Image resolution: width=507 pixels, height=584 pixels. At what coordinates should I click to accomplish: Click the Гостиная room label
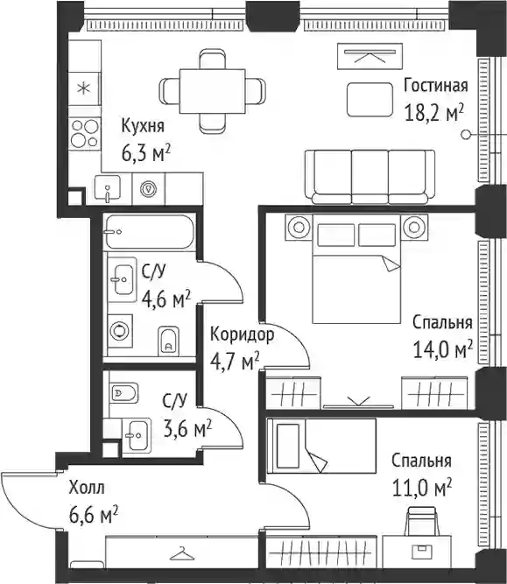click(436, 86)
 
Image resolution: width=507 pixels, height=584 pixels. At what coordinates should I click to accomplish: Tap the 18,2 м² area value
click(434, 112)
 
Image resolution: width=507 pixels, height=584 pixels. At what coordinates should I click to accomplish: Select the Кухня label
click(143, 126)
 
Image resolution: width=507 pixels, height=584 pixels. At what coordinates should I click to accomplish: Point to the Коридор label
click(243, 334)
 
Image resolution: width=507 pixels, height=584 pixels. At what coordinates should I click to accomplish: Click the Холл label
click(87, 488)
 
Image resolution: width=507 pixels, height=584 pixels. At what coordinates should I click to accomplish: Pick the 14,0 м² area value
click(443, 349)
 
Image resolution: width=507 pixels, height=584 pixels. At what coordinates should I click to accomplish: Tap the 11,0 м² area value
click(422, 488)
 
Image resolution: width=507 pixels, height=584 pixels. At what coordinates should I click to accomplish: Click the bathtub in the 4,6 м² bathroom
click(150, 232)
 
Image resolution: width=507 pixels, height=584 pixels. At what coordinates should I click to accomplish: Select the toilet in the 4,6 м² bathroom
click(168, 341)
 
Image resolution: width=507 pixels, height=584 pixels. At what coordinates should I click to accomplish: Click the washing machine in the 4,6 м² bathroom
click(120, 331)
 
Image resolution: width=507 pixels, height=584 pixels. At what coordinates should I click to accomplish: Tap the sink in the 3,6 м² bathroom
click(137, 435)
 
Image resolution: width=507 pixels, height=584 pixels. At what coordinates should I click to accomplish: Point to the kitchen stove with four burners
click(85, 133)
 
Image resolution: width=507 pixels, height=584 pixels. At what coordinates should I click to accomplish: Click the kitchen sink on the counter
click(108, 188)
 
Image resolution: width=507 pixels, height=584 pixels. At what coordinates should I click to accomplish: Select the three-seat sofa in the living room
click(370, 177)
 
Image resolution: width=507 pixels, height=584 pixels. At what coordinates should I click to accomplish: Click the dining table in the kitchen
click(212, 90)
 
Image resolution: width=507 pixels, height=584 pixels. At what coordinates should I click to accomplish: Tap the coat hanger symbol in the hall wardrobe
click(182, 554)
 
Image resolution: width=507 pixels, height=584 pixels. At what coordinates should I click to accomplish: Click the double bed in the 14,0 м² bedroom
click(357, 269)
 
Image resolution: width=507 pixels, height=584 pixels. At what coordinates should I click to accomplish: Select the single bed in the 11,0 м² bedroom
click(321, 446)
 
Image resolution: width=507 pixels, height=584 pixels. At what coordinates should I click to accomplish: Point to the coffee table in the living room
click(370, 100)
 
